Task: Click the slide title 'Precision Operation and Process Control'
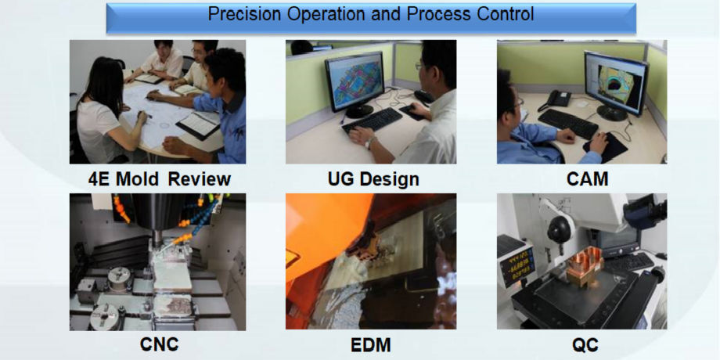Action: click(370, 14)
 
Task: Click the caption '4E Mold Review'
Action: click(160, 179)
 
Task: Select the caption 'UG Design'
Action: click(373, 179)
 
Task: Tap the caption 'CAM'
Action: click(587, 179)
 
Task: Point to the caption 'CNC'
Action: click(160, 344)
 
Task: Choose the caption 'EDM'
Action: click(371, 344)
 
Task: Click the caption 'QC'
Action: click(585, 344)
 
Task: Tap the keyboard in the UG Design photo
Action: click(372, 121)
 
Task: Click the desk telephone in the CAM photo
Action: click(556, 99)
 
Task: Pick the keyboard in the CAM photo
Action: click(568, 124)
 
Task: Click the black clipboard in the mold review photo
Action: click(198, 125)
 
